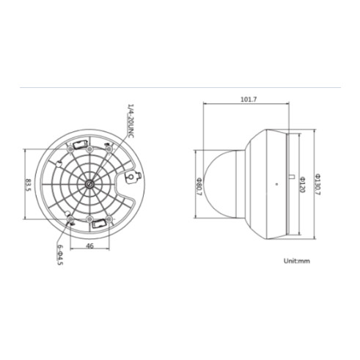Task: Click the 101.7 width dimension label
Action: (x=249, y=100)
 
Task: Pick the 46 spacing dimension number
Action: (x=89, y=246)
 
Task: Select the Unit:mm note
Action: (x=297, y=261)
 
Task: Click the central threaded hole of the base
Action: (x=89, y=184)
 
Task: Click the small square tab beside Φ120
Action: (x=292, y=176)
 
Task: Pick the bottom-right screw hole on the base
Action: (x=109, y=218)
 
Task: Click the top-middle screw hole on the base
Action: (x=109, y=150)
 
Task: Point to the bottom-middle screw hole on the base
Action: (x=70, y=218)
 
